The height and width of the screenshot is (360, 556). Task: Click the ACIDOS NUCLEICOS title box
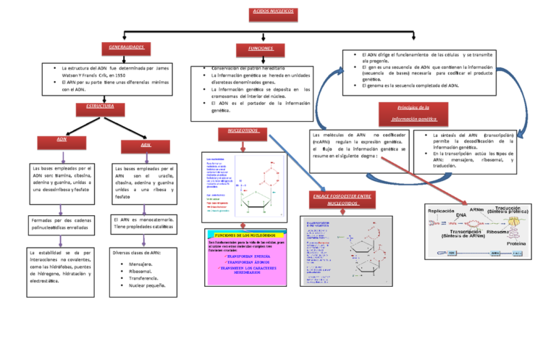[x=272, y=13]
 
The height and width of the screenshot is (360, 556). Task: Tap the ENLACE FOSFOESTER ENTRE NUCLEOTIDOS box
[x=343, y=199]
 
